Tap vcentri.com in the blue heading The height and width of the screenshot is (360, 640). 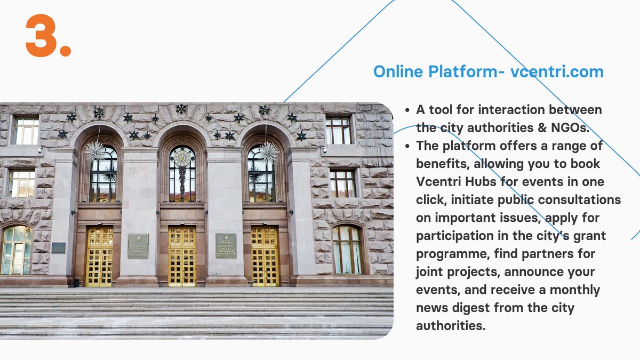pos(557,72)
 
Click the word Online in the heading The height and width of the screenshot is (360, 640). pos(398,72)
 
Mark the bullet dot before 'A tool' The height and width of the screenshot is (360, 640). pos(407,110)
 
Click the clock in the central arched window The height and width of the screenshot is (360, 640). pos(182,158)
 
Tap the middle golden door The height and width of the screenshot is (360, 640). pos(182,256)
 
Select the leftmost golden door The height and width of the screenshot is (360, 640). pos(100,256)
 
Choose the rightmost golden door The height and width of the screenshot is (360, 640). pos(265,256)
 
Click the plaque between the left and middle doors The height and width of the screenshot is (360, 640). pos(138,245)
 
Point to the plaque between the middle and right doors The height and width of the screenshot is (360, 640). pos(226,245)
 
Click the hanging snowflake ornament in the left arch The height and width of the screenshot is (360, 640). pos(96,151)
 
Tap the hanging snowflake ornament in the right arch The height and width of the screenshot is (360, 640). pos(268,152)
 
